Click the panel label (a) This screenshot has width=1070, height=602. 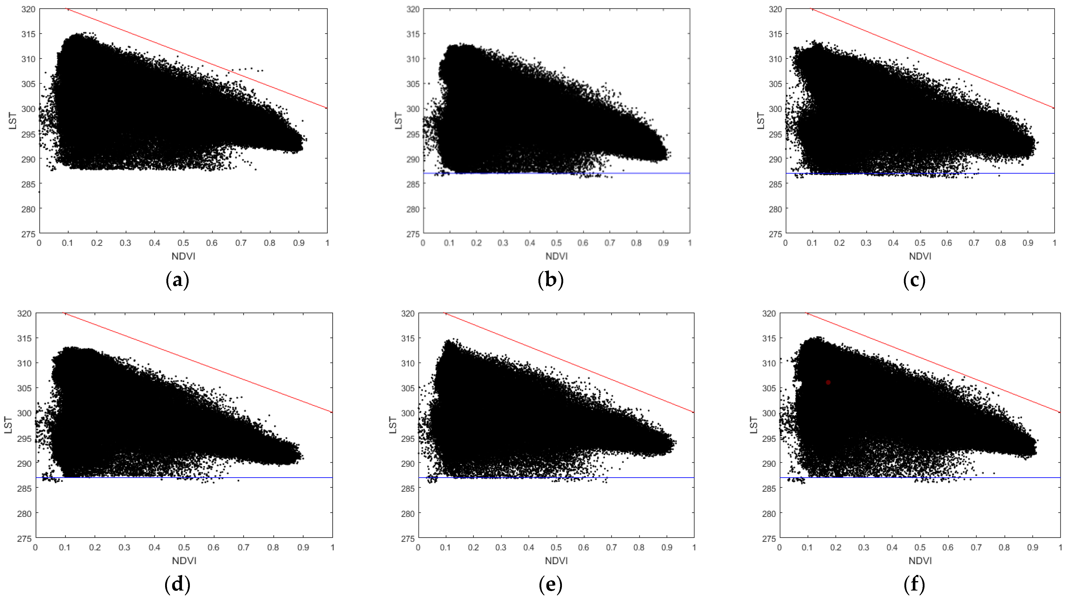pyautogui.click(x=177, y=280)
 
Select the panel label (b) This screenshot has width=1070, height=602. pyautogui.click(x=550, y=280)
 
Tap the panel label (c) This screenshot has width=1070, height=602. pyautogui.click(x=914, y=280)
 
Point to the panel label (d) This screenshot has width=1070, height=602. pyautogui.click(x=177, y=585)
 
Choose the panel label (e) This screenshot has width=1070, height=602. pyautogui.click(x=550, y=585)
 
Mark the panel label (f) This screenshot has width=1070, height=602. pyautogui.click(x=914, y=585)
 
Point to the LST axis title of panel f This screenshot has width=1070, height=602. pyautogui.click(x=754, y=425)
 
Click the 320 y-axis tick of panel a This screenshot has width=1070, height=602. pyautogui.click(x=28, y=9)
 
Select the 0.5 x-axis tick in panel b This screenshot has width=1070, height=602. pyautogui.click(x=557, y=243)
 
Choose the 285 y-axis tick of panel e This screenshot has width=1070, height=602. pyautogui.click(x=408, y=489)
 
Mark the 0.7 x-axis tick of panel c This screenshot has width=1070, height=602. pyautogui.click(x=974, y=243)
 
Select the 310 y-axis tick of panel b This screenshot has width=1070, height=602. pyautogui.click(x=413, y=59)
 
